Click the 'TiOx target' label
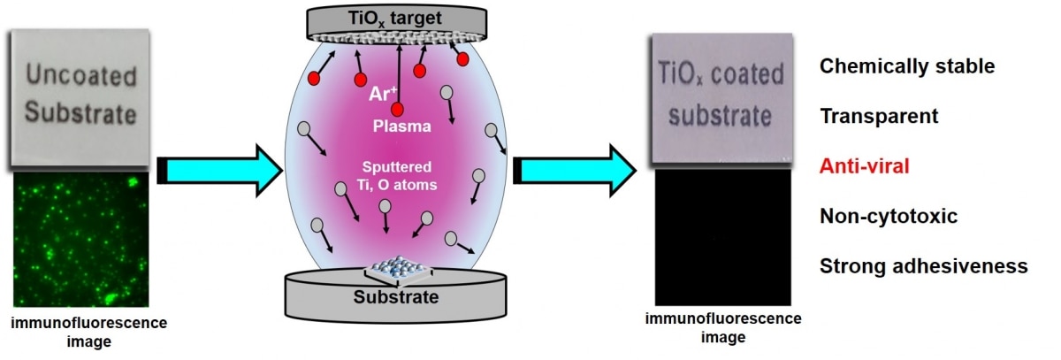pyautogui.click(x=398, y=18)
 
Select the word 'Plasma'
pyautogui.click(x=401, y=126)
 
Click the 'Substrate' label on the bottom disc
pyautogui.click(x=396, y=296)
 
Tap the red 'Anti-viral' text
pyautogui.click(x=865, y=165)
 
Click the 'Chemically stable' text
pyautogui.click(x=907, y=65)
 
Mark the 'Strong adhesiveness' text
pyautogui.click(x=923, y=266)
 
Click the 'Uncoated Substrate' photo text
pyautogui.click(x=80, y=94)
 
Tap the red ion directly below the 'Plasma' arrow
pyautogui.click(x=398, y=109)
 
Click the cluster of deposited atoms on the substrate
pyautogui.click(x=396, y=268)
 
